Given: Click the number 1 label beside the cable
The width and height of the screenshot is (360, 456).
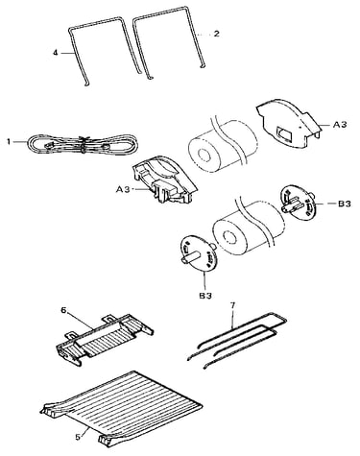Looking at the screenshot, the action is click(9, 141).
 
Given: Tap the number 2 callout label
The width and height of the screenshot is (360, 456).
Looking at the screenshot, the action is click(217, 34).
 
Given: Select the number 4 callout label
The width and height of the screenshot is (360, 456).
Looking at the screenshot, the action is click(56, 53).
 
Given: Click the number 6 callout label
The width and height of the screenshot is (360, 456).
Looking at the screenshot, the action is click(63, 310).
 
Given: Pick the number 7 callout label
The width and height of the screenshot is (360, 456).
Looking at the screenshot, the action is click(232, 305).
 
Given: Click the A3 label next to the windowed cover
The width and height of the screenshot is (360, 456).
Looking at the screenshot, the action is click(340, 124).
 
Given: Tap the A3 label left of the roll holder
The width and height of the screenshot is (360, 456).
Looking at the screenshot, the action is click(123, 189).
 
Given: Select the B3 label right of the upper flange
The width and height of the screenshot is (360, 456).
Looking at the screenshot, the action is click(345, 204).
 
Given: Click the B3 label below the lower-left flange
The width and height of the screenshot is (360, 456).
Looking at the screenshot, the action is click(205, 297).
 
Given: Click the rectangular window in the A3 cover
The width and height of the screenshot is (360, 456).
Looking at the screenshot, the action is click(284, 134).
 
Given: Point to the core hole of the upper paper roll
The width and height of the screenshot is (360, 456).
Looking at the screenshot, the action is click(203, 156).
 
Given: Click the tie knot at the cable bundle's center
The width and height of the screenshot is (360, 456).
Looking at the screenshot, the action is click(84, 145).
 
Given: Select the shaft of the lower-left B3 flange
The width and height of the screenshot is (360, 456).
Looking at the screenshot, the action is click(189, 257).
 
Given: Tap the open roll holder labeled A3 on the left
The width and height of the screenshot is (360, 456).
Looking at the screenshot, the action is click(165, 180).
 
